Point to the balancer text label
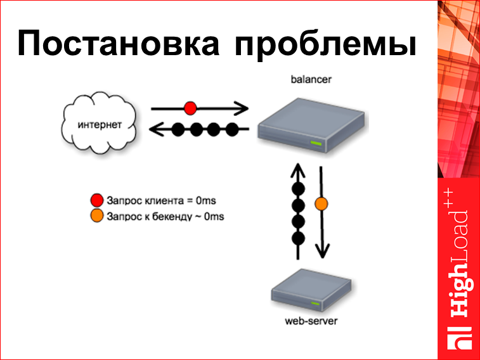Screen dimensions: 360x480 tap(311, 79)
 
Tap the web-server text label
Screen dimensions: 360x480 tap(311, 321)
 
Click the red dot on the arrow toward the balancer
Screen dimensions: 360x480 tap(190, 107)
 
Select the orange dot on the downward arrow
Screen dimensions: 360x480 tap(321, 204)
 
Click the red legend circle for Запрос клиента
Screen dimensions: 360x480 tap(96, 201)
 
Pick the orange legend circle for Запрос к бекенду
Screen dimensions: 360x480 tap(96, 216)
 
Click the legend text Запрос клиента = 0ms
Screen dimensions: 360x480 tap(162, 201)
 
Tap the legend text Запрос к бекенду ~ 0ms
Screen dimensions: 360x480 tap(165, 216)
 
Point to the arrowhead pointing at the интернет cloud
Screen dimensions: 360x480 tap(155, 130)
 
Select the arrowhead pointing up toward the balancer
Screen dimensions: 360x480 tap(298, 169)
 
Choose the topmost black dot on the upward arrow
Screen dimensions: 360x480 tap(298, 190)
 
